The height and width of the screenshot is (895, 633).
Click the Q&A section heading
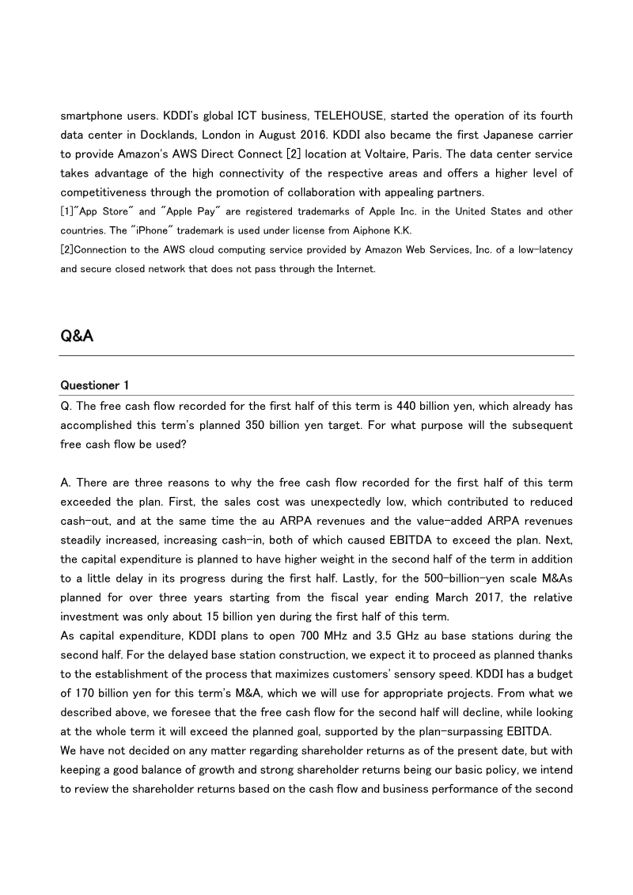click(77, 336)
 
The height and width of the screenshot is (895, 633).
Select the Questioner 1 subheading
click(95, 385)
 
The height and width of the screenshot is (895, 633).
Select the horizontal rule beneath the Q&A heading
click(316, 356)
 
